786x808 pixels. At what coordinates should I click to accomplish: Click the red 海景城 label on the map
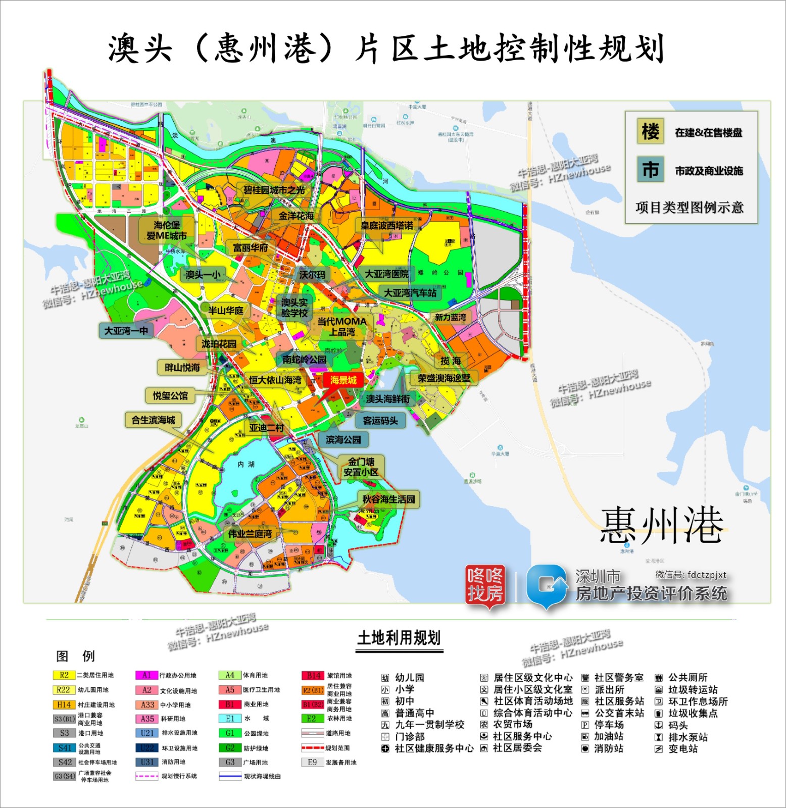click(x=343, y=380)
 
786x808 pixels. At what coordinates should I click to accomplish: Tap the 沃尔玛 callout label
click(x=312, y=275)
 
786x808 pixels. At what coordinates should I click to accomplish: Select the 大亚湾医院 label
click(x=386, y=274)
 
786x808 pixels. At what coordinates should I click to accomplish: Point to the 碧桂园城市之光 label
click(x=274, y=190)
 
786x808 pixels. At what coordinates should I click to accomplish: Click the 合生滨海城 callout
click(x=153, y=420)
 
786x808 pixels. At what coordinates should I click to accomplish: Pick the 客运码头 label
click(x=380, y=420)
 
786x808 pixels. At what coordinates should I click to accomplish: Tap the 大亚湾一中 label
click(x=126, y=331)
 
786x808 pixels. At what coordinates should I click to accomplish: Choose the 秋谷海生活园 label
click(x=388, y=499)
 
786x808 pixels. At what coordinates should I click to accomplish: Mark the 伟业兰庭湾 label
click(x=250, y=533)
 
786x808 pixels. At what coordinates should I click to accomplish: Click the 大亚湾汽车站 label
click(x=410, y=293)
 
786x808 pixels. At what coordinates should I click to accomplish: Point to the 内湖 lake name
click(x=246, y=464)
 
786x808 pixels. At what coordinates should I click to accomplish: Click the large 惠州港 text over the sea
click(x=662, y=526)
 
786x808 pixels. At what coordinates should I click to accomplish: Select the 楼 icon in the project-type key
click(x=650, y=132)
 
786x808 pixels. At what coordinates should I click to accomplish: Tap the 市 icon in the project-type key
click(x=650, y=170)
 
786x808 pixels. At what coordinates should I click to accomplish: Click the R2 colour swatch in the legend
click(x=64, y=675)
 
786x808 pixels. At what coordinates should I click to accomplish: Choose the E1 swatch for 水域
click(x=230, y=719)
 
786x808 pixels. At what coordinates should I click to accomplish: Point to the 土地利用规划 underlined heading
click(x=399, y=638)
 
